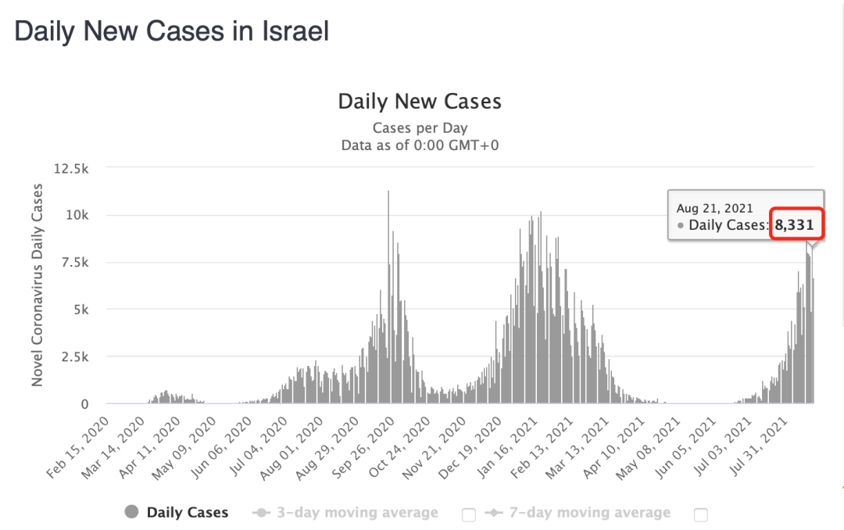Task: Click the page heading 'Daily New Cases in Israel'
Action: pos(172,31)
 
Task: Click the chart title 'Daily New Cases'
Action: pos(420,102)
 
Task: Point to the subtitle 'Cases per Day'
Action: pos(420,128)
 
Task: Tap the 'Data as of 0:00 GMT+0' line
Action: pos(420,145)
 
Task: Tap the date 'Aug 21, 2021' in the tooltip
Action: pos(714,208)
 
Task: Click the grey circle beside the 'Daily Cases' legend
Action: pos(132,513)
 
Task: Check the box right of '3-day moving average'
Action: pos(469,514)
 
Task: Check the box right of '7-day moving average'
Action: pos(701,514)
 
